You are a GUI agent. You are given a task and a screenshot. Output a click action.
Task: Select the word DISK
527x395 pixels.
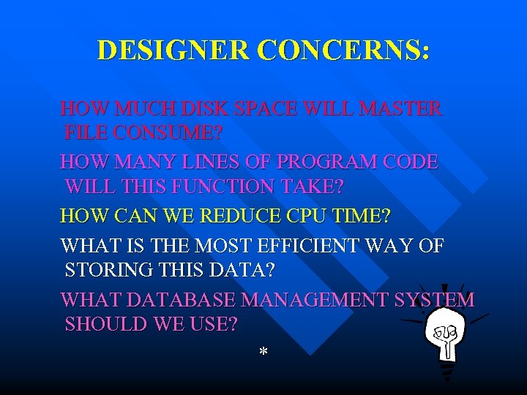pyautogui.click(x=203, y=109)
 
